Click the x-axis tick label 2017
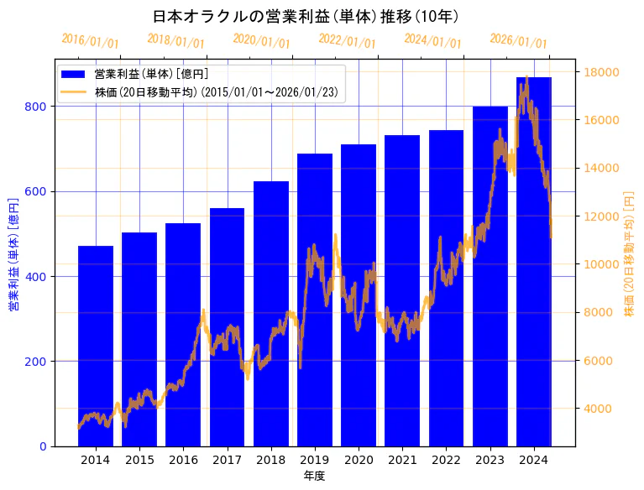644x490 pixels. (227, 460)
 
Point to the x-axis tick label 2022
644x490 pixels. (446, 460)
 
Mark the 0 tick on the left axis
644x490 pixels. (43, 446)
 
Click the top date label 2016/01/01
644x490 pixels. (91, 41)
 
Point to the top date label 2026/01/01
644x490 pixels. (518, 41)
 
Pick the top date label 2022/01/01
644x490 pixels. (348, 41)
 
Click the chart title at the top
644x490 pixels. (306, 16)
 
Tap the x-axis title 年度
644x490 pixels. (314, 476)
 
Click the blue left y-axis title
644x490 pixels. (13, 255)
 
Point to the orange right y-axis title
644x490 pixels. (630, 255)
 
